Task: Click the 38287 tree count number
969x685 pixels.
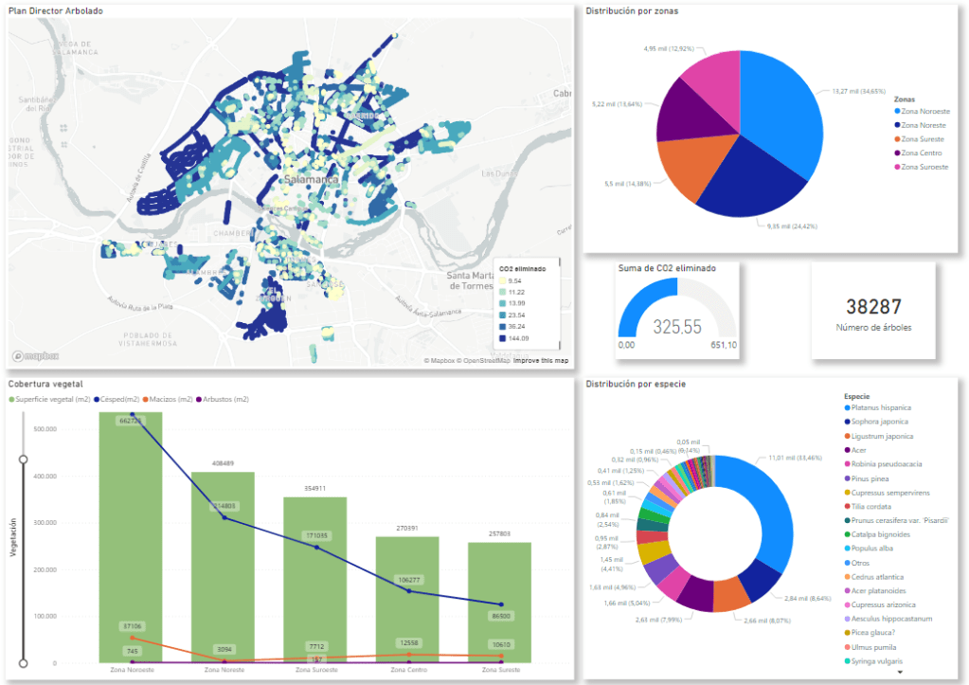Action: pos(872,307)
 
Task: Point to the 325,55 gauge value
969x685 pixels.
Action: pos(676,327)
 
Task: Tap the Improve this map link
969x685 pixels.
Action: pos(541,361)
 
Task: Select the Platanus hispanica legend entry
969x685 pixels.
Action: pos(880,407)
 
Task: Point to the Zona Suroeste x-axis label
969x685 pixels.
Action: pos(315,670)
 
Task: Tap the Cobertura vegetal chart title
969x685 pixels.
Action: pos(45,385)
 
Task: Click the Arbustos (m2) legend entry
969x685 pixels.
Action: pos(224,400)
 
